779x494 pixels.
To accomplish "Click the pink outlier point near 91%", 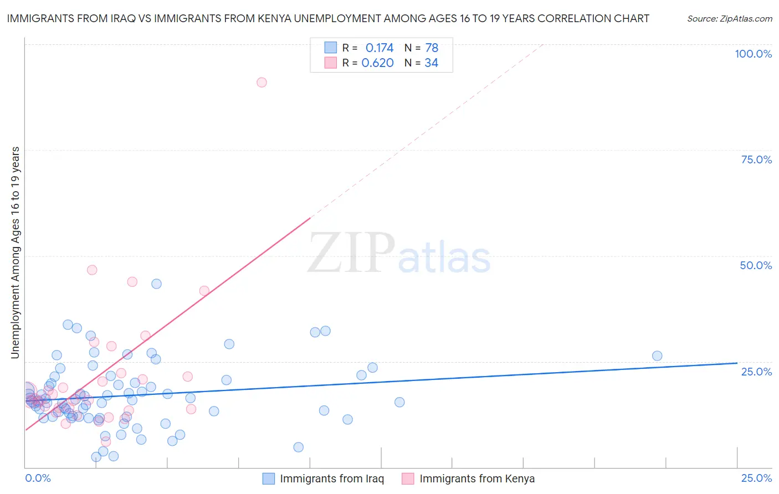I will (262, 83).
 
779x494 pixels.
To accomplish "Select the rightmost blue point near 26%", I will (657, 356).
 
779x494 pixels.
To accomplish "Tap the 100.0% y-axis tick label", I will (753, 54).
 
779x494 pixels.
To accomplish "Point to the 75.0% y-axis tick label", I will (756, 159).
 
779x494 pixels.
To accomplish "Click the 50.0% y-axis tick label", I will (756, 265).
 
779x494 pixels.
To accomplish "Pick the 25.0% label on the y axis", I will (756, 371).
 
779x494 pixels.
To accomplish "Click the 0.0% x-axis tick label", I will (38, 478).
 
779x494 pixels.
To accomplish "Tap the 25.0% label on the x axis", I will (756, 478).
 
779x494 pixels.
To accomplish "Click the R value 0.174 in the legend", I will (380, 48).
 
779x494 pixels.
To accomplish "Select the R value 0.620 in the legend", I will (377, 63).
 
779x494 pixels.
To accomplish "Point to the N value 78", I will (432, 48).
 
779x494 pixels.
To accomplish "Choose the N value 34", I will (431, 63).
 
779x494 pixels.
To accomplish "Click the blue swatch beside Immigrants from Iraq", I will (269, 479).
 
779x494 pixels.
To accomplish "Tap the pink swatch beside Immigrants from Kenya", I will (408, 479).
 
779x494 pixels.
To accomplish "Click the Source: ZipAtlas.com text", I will (729, 19).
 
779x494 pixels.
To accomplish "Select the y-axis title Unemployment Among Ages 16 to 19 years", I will (16, 253).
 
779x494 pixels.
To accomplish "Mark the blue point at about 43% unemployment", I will (156, 284).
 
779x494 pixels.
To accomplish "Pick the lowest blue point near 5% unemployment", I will (96, 457).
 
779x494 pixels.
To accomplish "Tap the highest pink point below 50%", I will (92, 270).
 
